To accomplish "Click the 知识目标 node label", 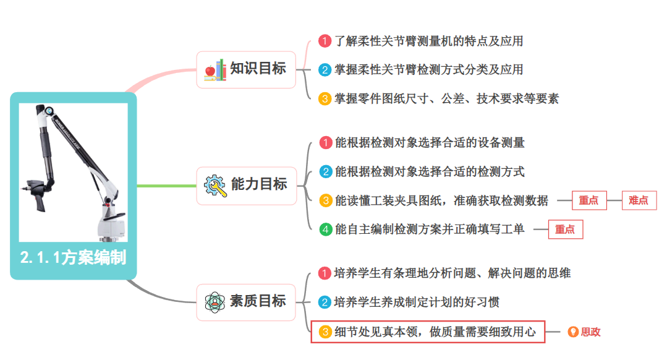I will (258, 69).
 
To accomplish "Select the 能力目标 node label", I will (258, 184).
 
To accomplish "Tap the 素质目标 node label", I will (258, 301).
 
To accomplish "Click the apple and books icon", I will (215, 69).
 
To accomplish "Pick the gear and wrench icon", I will (215, 185).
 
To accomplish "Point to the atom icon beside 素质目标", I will (215, 302).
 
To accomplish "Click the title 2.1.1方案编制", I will (73, 257).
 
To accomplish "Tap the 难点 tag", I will (639, 200).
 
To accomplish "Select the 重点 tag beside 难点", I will (588, 200).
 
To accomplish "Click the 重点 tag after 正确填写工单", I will (564, 229).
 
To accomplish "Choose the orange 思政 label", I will (590, 332).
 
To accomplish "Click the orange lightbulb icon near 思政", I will (573, 332).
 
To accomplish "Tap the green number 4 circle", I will (325, 229).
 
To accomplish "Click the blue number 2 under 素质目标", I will (325, 302).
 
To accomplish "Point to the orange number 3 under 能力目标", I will (325, 200).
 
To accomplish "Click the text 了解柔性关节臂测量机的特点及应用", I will (429, 41).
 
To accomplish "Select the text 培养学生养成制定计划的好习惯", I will (417, 302).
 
